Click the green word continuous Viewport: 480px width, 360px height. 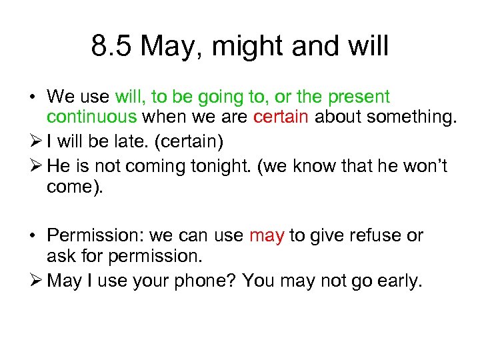click(x=91, y=118)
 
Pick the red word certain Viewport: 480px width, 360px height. click(x=281, y=118)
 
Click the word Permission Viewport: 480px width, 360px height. click(x=94, y=236)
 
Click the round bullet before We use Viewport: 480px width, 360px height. click(x=32, y=98)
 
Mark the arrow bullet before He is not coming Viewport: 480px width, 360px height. click(x=33, y=165)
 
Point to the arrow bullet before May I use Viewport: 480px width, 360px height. click(x=33, y=281)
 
